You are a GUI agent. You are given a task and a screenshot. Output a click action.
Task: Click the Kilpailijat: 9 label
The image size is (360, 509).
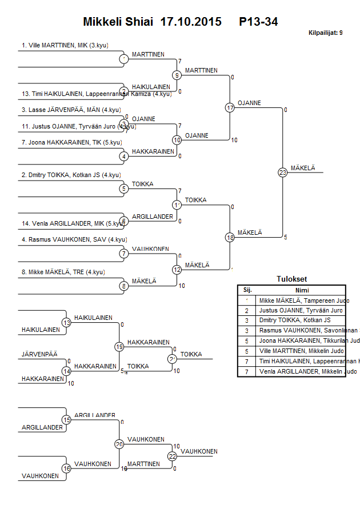point(325,33)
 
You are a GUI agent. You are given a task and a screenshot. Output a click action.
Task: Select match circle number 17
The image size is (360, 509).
point(230,107)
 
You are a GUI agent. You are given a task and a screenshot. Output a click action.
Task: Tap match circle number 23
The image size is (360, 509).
point(282,172)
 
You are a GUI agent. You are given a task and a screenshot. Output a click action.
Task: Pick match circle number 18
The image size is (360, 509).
point(230,237)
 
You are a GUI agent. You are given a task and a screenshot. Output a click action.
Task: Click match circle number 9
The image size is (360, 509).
point(177,75)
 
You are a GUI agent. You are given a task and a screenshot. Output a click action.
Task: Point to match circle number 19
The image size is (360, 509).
point(119,347)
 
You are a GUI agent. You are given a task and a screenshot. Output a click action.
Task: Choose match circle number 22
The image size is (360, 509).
point(173,456)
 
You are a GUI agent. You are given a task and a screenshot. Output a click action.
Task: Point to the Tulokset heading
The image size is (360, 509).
point(291,279)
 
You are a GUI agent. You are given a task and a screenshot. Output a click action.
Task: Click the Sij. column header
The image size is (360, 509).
point(247,290)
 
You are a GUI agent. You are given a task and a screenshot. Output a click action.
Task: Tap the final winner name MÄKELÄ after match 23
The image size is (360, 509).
point(302,168)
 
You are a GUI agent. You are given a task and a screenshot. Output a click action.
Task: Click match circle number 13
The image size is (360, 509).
point(66,323)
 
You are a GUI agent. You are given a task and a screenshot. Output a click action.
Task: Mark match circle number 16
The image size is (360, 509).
point(66,468)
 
